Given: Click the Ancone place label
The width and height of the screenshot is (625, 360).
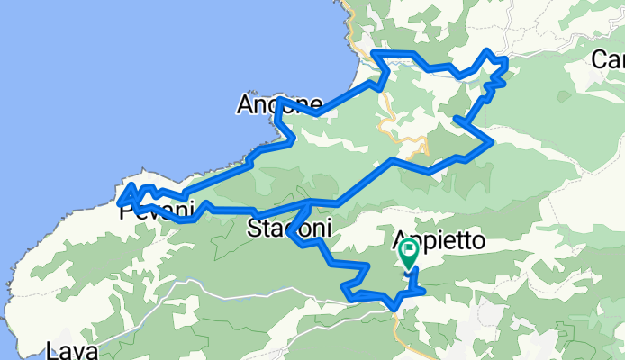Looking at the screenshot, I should click(278, 104).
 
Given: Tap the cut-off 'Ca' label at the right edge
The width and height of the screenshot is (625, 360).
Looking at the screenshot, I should click(609, 60).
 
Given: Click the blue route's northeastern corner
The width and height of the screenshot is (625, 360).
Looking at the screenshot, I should click(505, 60).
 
